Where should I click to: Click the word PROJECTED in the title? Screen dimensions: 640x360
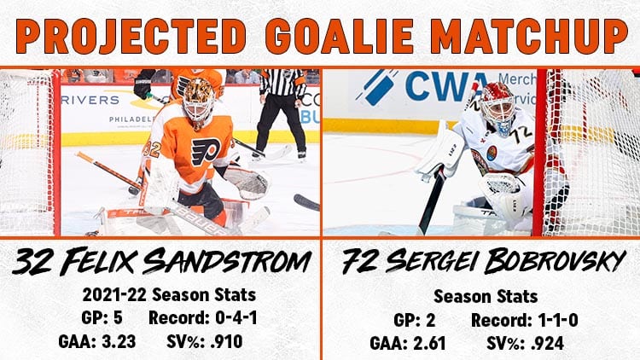(x=131, y=36)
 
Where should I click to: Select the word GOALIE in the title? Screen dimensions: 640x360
(x=340, y=36)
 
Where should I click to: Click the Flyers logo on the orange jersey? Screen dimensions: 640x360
(x=207, y=152)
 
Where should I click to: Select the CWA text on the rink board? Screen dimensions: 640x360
(x=447, y=86)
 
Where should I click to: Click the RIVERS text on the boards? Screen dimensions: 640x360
(x=90, y=100)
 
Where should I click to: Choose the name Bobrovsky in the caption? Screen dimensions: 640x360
(x=556, y=261)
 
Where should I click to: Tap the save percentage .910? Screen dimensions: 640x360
(x=226, y=341)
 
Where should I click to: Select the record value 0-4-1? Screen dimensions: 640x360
(x=236, y=317)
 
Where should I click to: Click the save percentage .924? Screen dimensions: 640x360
(x=547, y=343)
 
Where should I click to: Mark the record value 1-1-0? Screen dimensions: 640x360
(x=557, y=320)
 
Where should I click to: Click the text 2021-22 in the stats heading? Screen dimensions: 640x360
(x=114, y=294)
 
